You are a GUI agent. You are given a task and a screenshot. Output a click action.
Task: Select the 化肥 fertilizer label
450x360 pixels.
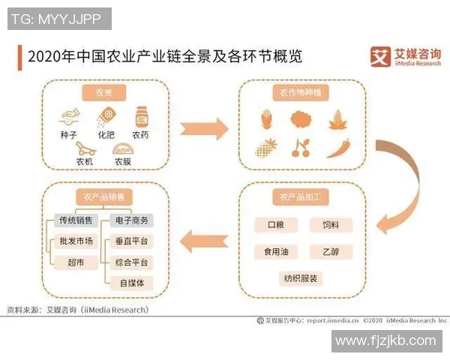(x=107, y=136)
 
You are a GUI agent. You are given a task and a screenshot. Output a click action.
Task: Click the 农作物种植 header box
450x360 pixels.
(x=301, y=93)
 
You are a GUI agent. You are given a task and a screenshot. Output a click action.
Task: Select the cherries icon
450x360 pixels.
(x=301, y=147)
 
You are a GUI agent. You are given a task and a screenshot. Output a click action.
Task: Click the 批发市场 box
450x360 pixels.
(x=76, y=241)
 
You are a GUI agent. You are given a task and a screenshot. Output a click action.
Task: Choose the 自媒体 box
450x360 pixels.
(x=131, y=283)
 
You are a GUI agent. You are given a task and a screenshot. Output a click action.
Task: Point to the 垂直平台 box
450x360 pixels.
(x=131, y=241)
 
